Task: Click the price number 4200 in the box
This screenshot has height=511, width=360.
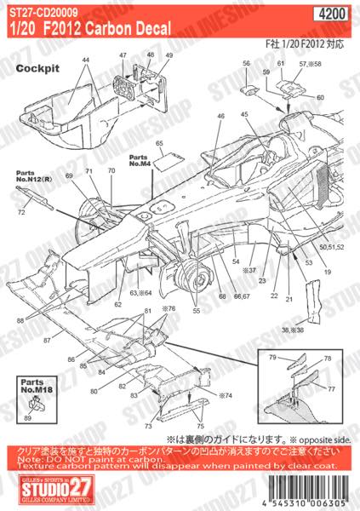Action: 340,14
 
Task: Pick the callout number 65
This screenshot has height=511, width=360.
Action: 159,145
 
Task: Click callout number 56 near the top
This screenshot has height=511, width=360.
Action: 245,65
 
